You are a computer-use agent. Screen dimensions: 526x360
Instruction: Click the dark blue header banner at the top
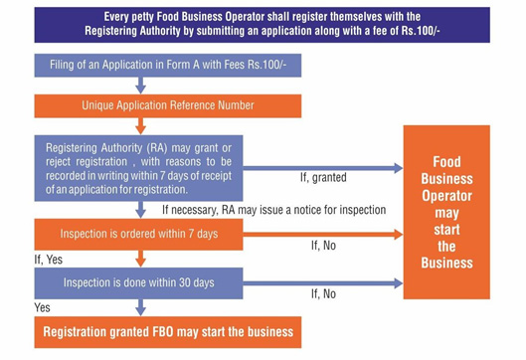click(x=262, y=25)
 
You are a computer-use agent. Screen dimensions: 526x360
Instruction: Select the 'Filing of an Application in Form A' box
click(x=168, y=65)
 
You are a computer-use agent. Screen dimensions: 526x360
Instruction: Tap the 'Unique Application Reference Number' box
click(x=168, y=105)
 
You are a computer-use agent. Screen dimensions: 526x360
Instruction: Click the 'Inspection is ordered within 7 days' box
click(x=138, y=234)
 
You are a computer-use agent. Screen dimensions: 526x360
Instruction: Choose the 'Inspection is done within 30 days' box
click(x=138, y=282)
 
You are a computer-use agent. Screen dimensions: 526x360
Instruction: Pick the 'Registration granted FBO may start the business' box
click(x=168, y=332)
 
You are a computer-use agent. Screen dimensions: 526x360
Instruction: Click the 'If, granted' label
click(x=323, y=177)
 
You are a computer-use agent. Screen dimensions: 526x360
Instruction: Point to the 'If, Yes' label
click(x=49, y=260)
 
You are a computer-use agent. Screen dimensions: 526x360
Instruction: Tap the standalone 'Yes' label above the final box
click(x=43, y=307)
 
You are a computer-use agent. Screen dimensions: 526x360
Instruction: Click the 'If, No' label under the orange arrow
click(x=323, y=246)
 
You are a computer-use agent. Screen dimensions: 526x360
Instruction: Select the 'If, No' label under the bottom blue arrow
click(x=323, y=294)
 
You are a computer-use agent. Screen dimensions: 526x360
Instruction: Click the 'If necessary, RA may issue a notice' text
click(x=274, y=210)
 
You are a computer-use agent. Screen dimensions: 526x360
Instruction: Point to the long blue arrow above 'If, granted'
click(x=323, y=168)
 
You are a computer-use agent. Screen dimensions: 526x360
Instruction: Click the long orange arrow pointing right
click(x=323, y=234)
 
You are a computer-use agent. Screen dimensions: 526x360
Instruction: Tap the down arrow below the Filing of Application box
click(x=140, y=86)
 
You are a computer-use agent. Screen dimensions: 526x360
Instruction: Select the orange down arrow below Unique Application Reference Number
click(x=140, y=126)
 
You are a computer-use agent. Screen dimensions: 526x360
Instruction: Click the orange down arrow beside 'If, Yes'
click(x=140, y=259)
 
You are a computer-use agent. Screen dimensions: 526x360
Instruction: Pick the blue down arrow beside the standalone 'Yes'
click(x=140, y=307)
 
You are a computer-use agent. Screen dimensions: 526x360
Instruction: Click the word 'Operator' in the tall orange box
click(x=446, y=196)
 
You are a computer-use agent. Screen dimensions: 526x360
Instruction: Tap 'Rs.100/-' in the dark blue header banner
click(x=421, y=31)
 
